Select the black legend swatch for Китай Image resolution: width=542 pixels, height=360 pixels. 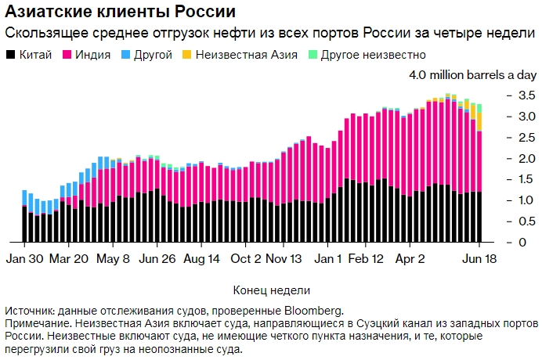tap(10, 56)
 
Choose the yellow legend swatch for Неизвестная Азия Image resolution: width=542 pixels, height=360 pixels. tap(186, 56)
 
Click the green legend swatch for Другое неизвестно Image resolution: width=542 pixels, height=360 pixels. tap(313, 56)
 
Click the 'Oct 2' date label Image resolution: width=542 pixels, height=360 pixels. tap(247, 258)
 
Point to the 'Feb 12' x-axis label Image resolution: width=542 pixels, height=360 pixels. tap(367, 258)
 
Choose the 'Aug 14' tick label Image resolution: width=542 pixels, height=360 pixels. tap(201, 258)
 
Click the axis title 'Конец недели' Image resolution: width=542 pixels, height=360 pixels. tap(271, 290)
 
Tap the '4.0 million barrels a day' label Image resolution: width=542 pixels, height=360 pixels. tap(473, 76)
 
